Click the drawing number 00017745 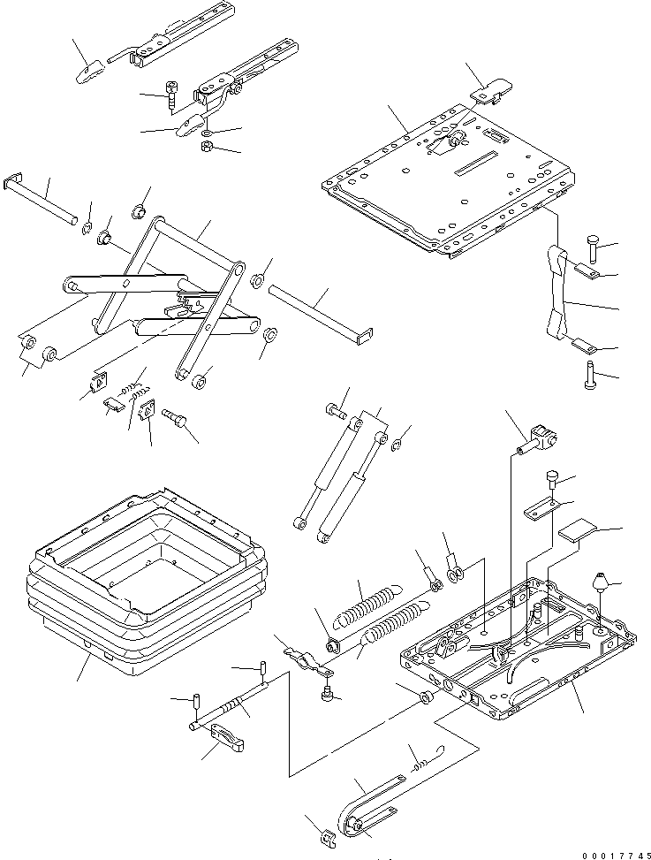tap(616, 855)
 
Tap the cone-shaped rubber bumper tap(600, 582)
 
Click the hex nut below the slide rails tap(208, 147)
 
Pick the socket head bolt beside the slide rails tap(171, 95)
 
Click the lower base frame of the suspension tap(519, 648)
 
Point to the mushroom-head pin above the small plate tap(552, 479)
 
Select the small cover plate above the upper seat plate tap(493, 89)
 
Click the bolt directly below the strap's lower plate tap(588, 375)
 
